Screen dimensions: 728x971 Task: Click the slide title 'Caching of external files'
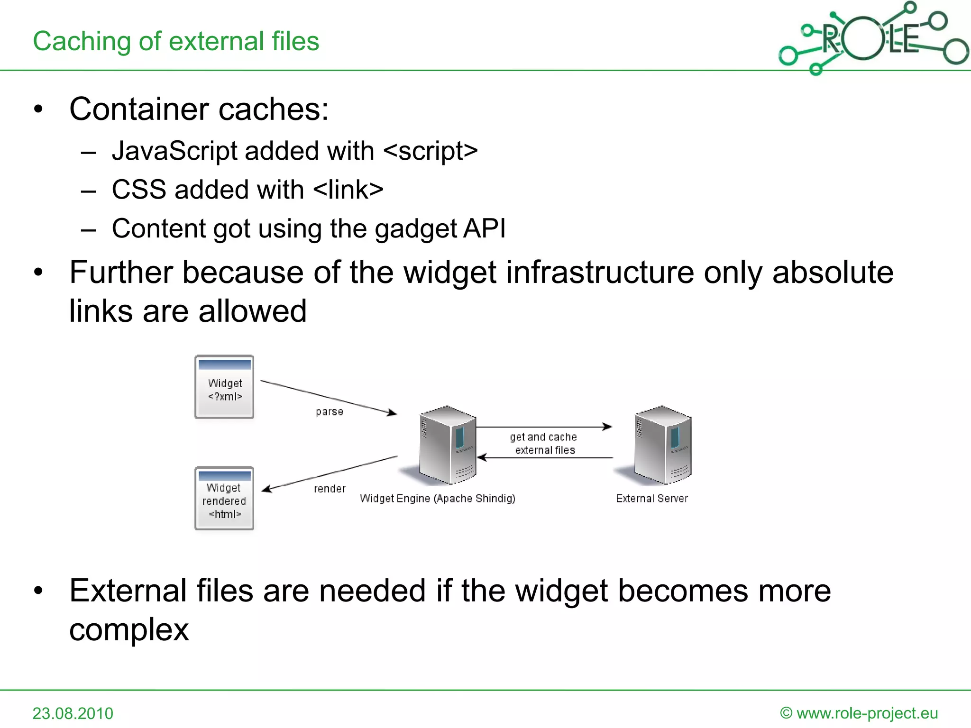[x=176, y=41]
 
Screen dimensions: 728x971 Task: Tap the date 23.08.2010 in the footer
[x=73, y=713]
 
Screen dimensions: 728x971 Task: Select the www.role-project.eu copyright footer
[x=859, y=713]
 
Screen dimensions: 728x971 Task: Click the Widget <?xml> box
[x=225, y=387]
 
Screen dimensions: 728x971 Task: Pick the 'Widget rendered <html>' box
[x=224, y=498]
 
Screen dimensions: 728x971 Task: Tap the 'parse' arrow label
[x=330, y=412]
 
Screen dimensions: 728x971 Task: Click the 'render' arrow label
[x=330, y=489]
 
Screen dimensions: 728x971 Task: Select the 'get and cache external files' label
[x=544, y=443]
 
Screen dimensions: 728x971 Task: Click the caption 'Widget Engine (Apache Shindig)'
[x=437, y=499]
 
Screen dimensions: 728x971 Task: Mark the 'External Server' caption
[x=652, y=499]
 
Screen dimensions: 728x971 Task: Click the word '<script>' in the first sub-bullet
[x=431, y=151]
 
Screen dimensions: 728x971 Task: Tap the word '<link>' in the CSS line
[x=348, y=190]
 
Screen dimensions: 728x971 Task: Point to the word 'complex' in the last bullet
[x=129, y=629]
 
